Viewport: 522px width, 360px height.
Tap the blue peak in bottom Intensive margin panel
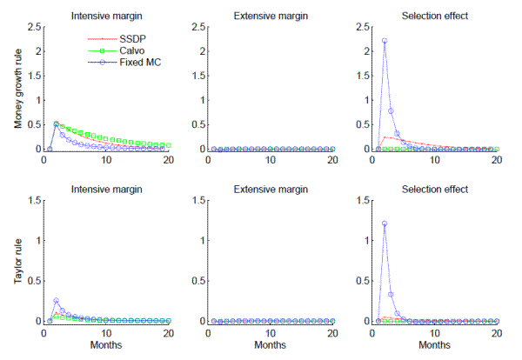(x=56, y=301)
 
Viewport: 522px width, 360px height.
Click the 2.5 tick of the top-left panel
(x=31, y=27)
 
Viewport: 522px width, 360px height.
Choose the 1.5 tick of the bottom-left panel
(x=31, y=201)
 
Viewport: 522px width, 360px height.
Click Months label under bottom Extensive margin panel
(x=271, y=345)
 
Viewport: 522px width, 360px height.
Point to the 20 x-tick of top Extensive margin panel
(x=331, y=160)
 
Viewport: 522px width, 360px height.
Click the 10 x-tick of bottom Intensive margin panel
(x=105, y=332)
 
